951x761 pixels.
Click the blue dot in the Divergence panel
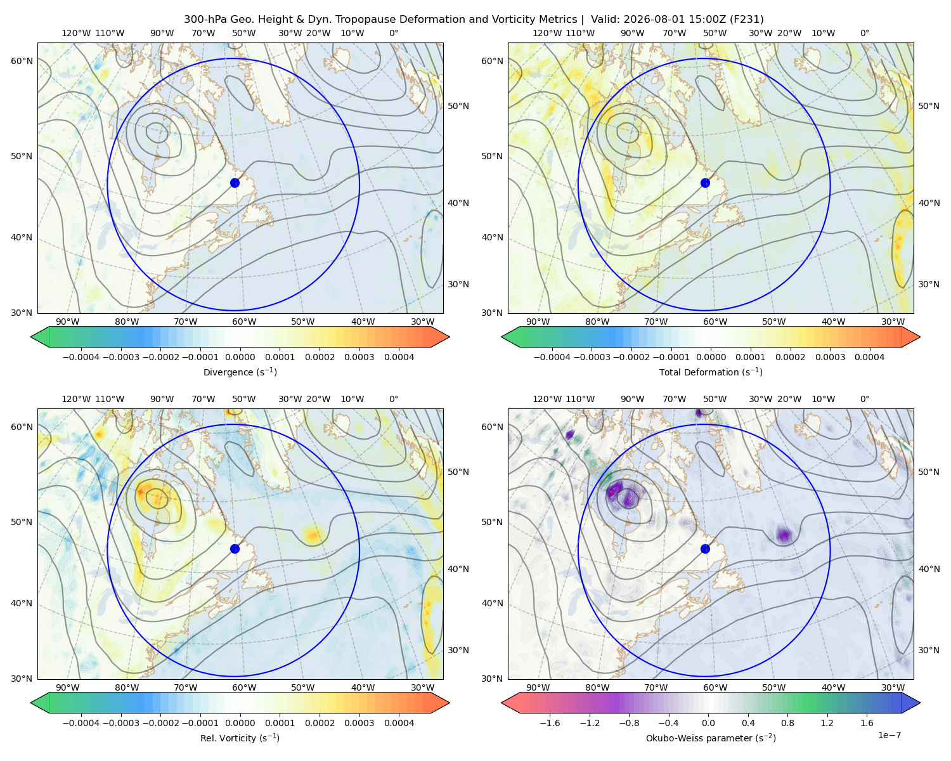click(x=235, y=183)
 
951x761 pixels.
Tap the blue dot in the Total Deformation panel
click(x=705, y=183)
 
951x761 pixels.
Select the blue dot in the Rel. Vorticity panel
click(x=235, y=549)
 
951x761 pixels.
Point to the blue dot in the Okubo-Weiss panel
click(x=705, y=549)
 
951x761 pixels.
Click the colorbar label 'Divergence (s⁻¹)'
click(x=240, y=372)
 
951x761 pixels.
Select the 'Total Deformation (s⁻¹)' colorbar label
click(x=711, y=372)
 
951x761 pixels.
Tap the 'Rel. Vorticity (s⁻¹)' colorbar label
click(x=240, y=738)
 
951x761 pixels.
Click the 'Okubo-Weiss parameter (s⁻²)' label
click(x=711, y=738)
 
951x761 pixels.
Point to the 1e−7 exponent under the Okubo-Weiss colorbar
click(x=889, y=735)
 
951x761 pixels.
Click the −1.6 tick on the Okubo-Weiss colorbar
click(x=550, y=723)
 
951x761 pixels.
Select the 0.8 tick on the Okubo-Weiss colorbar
click(x=787, y=723)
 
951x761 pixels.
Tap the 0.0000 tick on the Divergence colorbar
click(x=240, y=357)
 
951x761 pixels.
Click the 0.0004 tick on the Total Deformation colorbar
click(x=870, y=357)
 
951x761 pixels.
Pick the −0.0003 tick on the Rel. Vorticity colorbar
click(x=120, y=723)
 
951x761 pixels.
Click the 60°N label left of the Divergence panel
click(x=22, y=61)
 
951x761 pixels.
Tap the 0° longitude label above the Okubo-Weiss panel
click(x=864, y=399)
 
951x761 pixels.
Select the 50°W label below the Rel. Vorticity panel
click(x=302, y=687)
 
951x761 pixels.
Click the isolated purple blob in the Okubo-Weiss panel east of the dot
click(x=784, y=535)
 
